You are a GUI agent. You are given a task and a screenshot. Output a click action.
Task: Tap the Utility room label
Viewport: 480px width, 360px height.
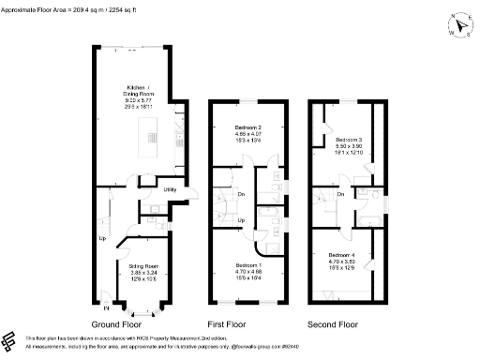[x=171, y=190]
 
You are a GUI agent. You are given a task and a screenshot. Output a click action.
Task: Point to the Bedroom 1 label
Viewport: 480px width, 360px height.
[x=248, y=266]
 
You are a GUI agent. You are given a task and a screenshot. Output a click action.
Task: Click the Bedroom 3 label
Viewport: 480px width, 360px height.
[x=347, y=140]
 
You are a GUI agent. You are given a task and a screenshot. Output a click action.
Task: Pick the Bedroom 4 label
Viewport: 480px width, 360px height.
[x=341, y=256]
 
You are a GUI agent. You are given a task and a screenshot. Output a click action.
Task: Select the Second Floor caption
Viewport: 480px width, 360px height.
[x=333, y=324]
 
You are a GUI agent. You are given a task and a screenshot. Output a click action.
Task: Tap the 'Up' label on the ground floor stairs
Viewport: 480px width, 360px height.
[x=101, y=238]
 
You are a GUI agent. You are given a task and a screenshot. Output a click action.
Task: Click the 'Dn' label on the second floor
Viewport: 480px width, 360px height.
[x=340, y=194]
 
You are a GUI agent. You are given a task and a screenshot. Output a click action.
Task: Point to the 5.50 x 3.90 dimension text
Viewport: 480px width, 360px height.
[x=347, y=146]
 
